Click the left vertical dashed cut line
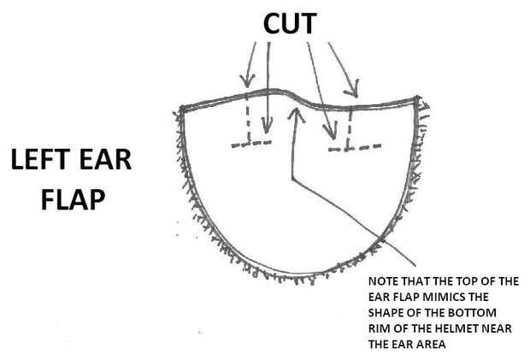point(247,121)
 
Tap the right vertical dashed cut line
point(350,127)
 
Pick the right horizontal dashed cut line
point(354,147)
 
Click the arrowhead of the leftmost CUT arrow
point(247,85)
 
